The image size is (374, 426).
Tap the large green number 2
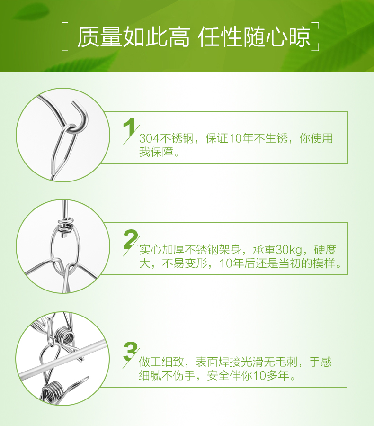[131, 239]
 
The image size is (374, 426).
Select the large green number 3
[131, 351]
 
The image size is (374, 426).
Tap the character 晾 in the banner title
[299, 37]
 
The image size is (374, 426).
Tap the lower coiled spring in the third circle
[52, 392]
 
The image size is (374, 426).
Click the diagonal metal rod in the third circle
[62, 359]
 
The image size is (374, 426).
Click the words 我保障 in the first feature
[156, 152]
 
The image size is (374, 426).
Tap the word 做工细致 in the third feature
[161, 362]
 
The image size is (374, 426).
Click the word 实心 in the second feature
[151, 250]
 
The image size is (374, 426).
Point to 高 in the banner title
[179, 37]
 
